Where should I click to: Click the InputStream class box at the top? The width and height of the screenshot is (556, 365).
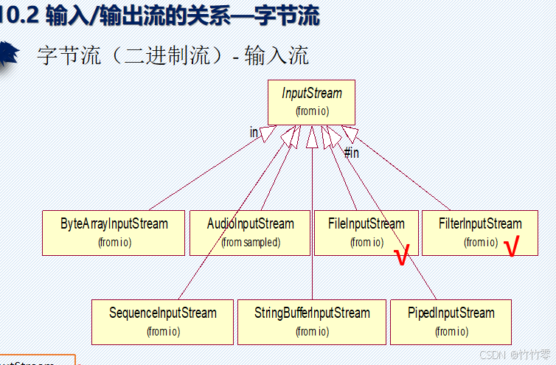pos(311,102)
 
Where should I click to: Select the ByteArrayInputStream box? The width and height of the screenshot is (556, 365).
pos(114,232)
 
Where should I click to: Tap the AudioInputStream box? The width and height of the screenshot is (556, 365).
pos(251,232)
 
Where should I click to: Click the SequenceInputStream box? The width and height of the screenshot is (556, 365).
pos(162,321)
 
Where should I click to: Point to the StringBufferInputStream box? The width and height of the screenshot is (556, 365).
pos(312,321)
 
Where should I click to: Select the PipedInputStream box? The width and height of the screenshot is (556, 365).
pos(451,321)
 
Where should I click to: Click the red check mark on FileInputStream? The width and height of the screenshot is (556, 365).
pos(402,257)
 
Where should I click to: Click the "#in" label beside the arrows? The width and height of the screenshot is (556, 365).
pos(352,153)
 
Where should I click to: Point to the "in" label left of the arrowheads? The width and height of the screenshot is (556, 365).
pos(254,132)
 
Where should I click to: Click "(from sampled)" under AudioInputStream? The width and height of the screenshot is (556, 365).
pos(251,242)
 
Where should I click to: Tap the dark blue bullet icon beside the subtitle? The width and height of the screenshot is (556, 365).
pos(9,55)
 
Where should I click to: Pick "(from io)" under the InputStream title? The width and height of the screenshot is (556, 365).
pos(312,111)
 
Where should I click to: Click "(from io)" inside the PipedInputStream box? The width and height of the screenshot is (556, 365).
pos(451,332)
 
